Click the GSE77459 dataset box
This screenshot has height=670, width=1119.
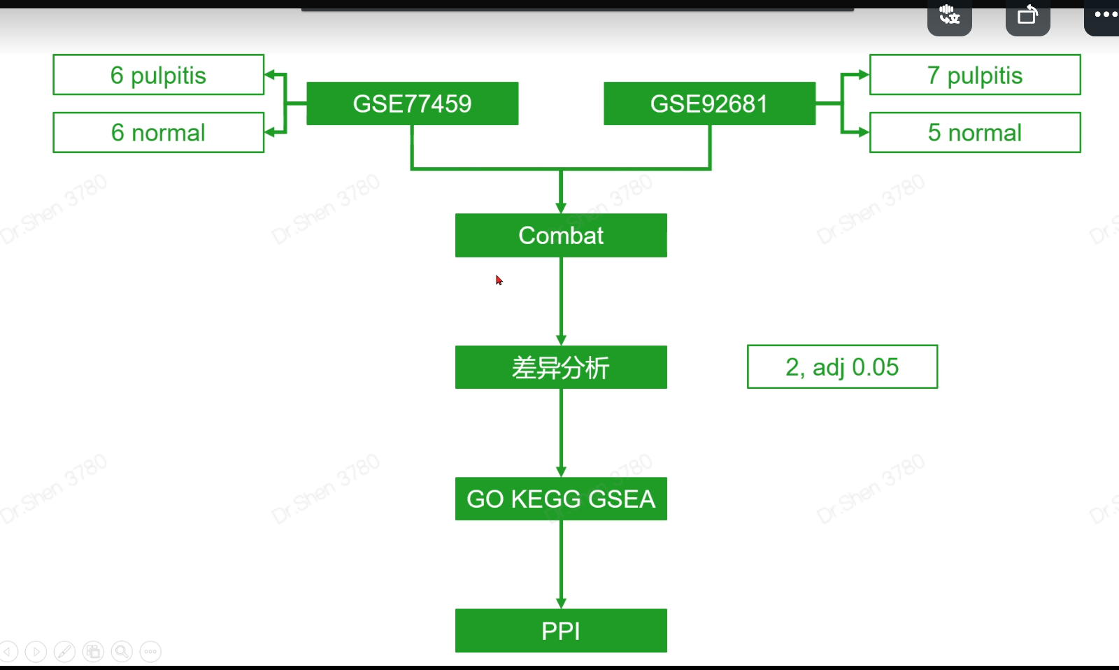coord(412,104)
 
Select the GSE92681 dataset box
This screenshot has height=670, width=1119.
coord(709,104)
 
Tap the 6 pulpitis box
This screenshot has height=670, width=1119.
coord(158,75)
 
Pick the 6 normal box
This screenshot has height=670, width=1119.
coord(158,132)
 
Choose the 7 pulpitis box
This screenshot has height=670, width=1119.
coord(974,75)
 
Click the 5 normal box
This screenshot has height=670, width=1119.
coord(974,132)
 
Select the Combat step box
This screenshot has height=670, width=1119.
coord(561,236)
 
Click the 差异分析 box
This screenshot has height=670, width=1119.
coord(561,367)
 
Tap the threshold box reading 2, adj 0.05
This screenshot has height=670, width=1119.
coord(842,366)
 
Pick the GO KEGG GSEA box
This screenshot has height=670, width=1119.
coord(561,499)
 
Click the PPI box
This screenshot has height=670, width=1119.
coord(561,631)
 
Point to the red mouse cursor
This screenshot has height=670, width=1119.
coord(499,280)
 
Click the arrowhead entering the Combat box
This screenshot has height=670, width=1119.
coord(561,208)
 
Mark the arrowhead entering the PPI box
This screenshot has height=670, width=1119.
coord(561,603)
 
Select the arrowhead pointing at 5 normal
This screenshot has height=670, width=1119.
coord(864,132)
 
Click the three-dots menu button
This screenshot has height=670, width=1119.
coord(1106,14)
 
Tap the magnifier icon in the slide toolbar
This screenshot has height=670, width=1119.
coord(122,652)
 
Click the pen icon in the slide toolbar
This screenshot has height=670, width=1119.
coord(64,652)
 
